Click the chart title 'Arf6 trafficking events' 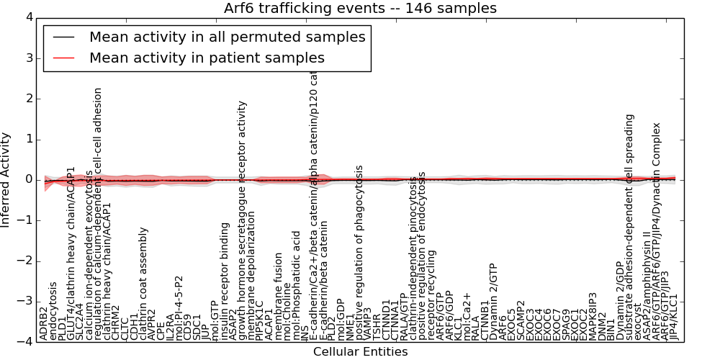pyautogui.click(x=361, y=8)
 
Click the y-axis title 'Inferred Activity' pyautogui.click(x=6, y=179)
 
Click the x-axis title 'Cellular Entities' pyautogui.click(x=360, y=351)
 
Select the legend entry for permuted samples pyautogui.click(x=227, y=37)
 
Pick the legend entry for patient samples pyautogui.click(x=207, y=58)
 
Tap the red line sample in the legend pyautogui.click(x=63, y=58)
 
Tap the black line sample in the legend pyautogui.click(x=63, y=37)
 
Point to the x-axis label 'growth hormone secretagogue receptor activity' pyautogui.click(x=243, y=220)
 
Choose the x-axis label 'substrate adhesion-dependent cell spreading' pyautogui.click(x=629, y=226)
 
